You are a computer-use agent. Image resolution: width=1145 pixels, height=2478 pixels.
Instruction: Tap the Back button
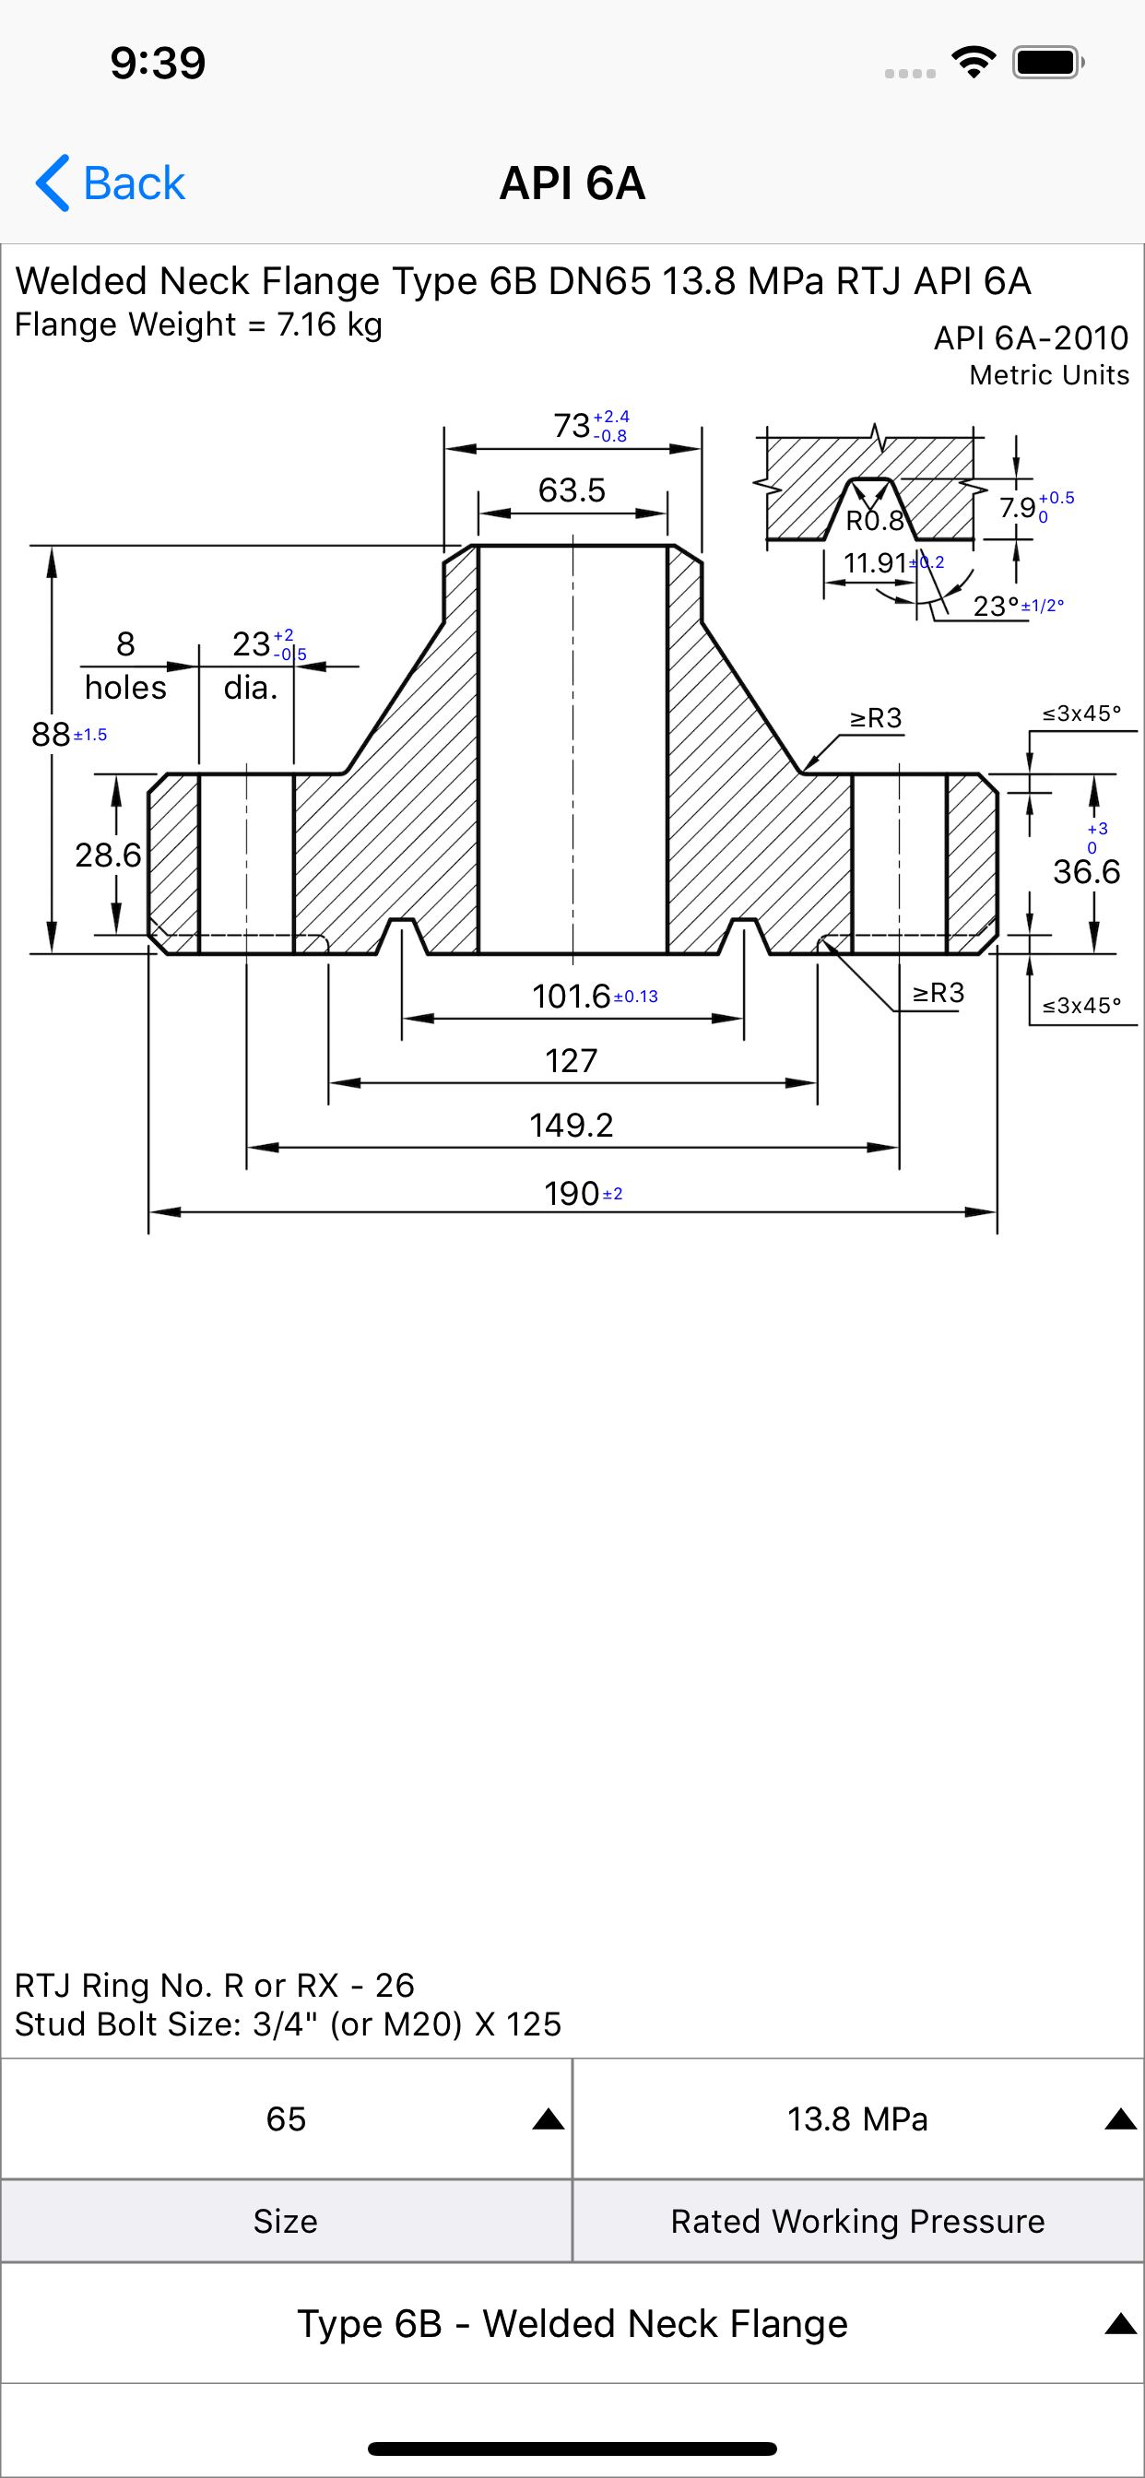(x=110, y=183)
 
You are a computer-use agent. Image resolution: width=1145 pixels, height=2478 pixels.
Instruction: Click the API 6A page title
(x=572, y=183)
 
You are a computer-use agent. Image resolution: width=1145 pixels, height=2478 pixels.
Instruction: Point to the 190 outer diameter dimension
(x=572, y=1193)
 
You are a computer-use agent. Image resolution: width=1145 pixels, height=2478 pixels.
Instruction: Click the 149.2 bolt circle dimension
(x=572, y=1125)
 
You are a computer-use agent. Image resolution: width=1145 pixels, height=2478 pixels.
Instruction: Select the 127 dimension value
(x=572, y=1060)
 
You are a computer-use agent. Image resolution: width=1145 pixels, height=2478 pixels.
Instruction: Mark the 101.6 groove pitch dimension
(x=572, y=996)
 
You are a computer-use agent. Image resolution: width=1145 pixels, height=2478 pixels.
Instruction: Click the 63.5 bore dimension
(x=572, y=490)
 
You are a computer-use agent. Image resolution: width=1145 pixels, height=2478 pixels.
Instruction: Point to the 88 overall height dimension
(x=51, y=734)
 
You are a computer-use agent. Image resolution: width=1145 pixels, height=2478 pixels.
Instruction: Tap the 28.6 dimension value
(x=108, y=855)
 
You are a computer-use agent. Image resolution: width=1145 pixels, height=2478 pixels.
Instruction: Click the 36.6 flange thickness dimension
(x=1086, y=871)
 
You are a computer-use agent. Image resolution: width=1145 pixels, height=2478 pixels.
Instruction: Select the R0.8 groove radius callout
(x=875, y=521)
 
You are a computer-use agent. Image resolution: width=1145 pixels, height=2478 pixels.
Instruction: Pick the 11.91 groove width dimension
(x=876, y=561)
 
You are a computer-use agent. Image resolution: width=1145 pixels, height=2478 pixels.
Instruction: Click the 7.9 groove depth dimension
(x=1017, y=507)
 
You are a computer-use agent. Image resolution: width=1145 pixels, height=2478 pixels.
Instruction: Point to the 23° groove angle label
(x=996, y=606)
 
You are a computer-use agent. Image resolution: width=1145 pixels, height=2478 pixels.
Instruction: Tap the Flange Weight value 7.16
(x=306, y=324)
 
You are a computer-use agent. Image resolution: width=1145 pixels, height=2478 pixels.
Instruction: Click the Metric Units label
(x=1049, y=375)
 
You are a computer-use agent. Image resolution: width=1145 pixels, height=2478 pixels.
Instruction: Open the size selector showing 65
(x=286, y=2118)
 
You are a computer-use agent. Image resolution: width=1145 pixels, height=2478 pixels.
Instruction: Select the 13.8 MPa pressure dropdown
(x=858, y=2118)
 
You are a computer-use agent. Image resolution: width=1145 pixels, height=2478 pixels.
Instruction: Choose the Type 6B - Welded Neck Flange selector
(x=572, y=2323)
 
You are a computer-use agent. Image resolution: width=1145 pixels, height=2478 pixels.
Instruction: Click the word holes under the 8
(x=125, y=687)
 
